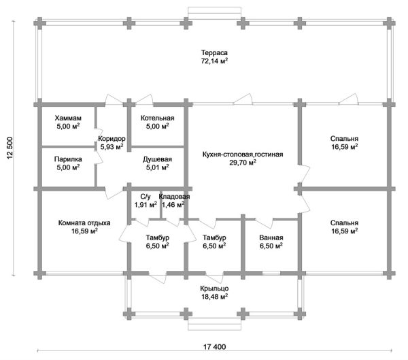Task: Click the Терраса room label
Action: pyautogui.click(x=214, y=52)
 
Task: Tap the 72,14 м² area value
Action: pyautogui.click(x=214, y=61)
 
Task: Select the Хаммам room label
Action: pyautogui.click(x=68, y=118)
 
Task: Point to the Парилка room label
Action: pyautogui.click(x=68, y=159)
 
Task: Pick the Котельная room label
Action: pyautogui.click(x=158, y=118)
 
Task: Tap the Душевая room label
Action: pyautogui.click(x=157, y=159)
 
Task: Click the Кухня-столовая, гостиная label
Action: pyautogui.click(x=243, y=154)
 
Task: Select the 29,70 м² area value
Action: pyautogui.click(x=243, y=163)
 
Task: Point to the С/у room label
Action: pyautogui.click(x=145, y=196)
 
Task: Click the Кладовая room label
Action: pyautogui.click(x=173, y=196)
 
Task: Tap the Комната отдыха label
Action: pyautogui.click(x=84, y=223)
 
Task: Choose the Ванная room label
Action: pyautogui.click(x=271, y=238)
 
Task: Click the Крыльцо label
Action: pyautogui.click(x=214, y=288)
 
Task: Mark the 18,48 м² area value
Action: pyautogui.click(x=214, y=297)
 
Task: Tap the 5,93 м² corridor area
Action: pyautogui.click(x=112, y=146)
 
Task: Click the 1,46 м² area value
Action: pyautogui.click(x=173, y=204)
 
